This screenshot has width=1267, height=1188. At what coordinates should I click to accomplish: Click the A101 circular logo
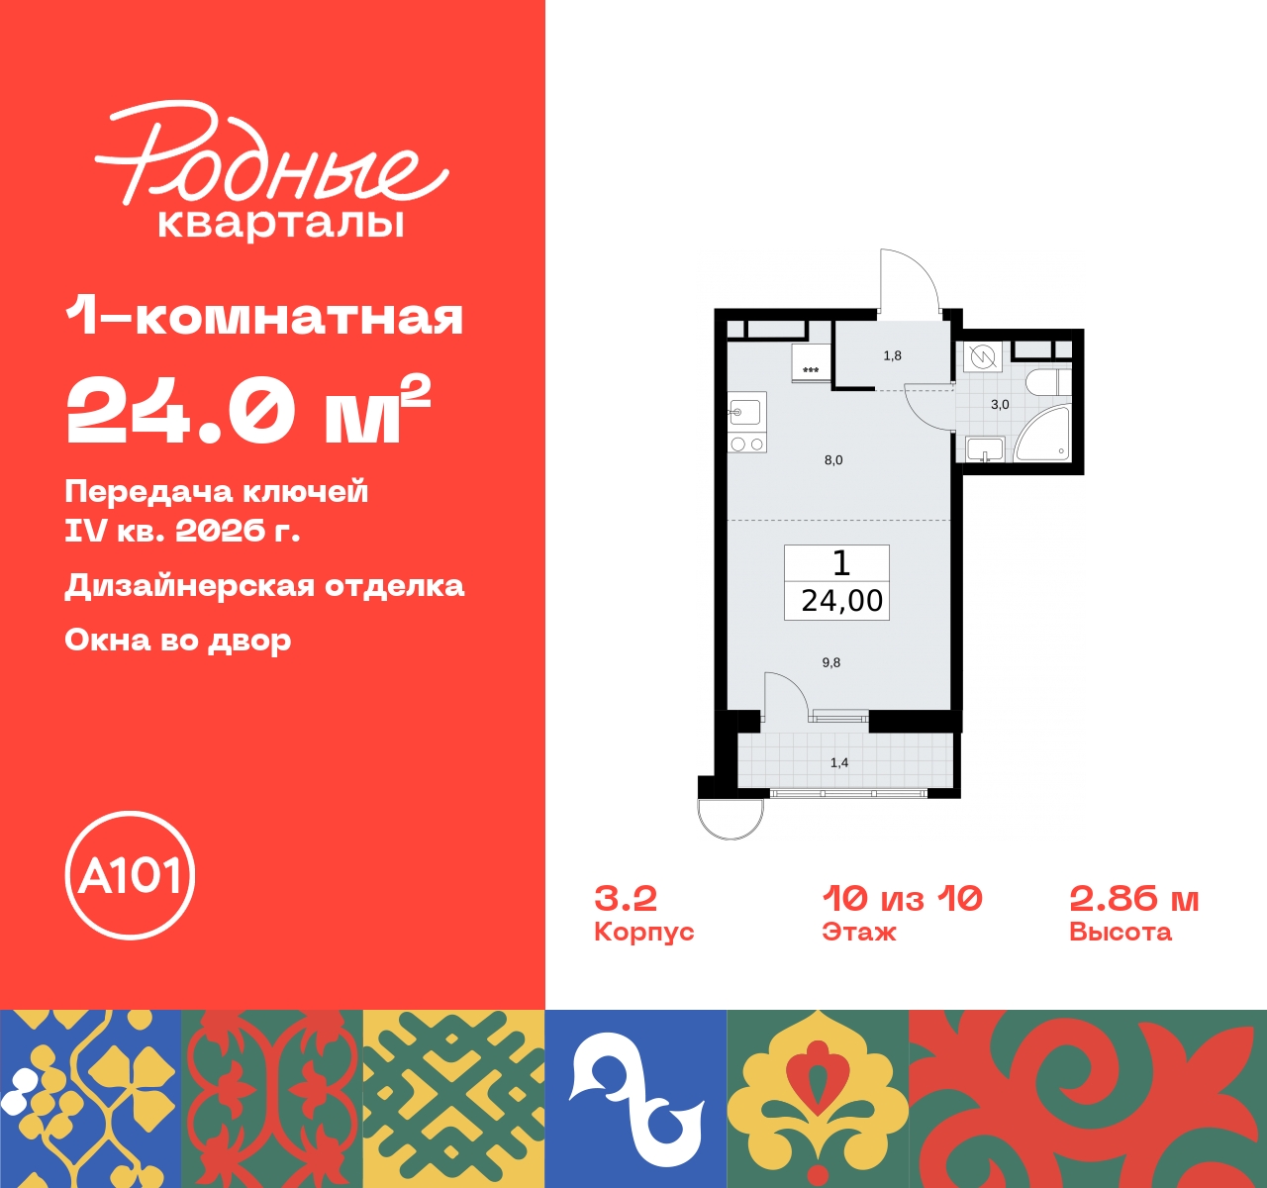pos(130,875)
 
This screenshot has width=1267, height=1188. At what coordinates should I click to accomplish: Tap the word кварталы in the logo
pos(281,223)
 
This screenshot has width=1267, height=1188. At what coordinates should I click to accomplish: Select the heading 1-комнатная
pos(264,317)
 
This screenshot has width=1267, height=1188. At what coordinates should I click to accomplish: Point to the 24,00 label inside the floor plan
pos(841,601)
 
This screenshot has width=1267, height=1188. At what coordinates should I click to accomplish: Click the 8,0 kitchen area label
pos(833,460)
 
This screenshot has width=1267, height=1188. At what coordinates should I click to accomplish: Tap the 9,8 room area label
pos(831,662)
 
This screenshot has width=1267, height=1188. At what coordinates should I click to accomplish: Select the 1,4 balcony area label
pos(839,762)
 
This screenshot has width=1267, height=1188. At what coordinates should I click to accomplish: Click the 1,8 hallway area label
pos(892,355)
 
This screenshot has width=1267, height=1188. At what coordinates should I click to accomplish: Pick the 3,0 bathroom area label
pos(1000,405)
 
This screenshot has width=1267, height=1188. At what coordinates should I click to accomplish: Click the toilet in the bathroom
pos(1044,382)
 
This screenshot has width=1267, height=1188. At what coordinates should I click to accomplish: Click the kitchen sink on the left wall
pos(744,411)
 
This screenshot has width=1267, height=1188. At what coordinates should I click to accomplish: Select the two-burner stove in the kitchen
pos(747,445)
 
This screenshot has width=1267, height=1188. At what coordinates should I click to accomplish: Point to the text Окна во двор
pos(178,641)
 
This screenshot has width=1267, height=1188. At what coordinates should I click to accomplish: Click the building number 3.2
pos(626,898)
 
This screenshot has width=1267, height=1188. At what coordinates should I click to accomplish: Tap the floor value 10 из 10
pos(902,898)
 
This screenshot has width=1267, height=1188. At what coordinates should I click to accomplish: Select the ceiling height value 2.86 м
pos(1133,898)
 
